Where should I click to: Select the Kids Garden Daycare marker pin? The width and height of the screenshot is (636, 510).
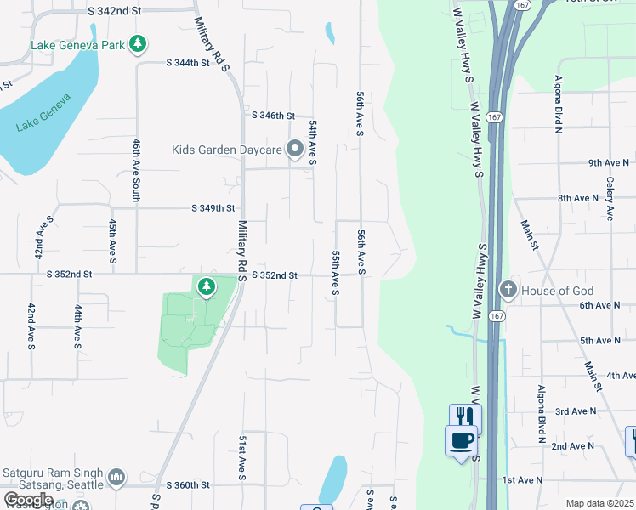pos(295,150)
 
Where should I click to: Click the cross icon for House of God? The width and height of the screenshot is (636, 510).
pos(508,291)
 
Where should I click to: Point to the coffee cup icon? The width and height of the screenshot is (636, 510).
pos(462,441)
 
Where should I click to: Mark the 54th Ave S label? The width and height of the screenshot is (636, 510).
pos(313,141)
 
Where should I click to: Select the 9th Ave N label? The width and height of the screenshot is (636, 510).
pos(608,162)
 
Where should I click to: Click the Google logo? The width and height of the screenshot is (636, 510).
pos(29,500)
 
